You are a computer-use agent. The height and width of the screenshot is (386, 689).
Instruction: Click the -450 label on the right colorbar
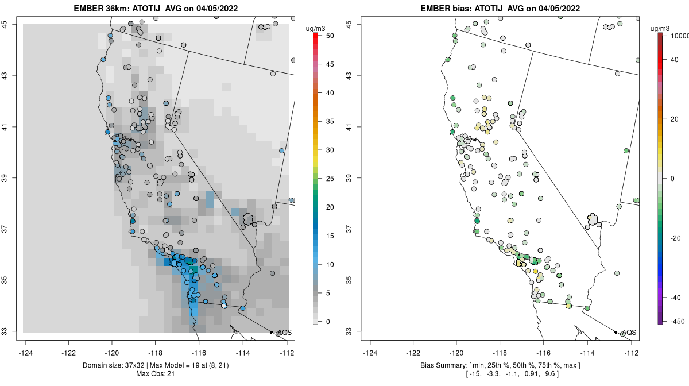coord(675,321)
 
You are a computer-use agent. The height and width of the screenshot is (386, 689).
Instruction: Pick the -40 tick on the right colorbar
coord(675,298)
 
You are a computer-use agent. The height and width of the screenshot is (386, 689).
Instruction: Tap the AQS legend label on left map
coord(284,333)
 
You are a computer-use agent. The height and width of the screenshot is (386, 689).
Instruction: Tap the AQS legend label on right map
coord(629,333)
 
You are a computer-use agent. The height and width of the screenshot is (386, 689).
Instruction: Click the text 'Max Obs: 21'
coord(156,375)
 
